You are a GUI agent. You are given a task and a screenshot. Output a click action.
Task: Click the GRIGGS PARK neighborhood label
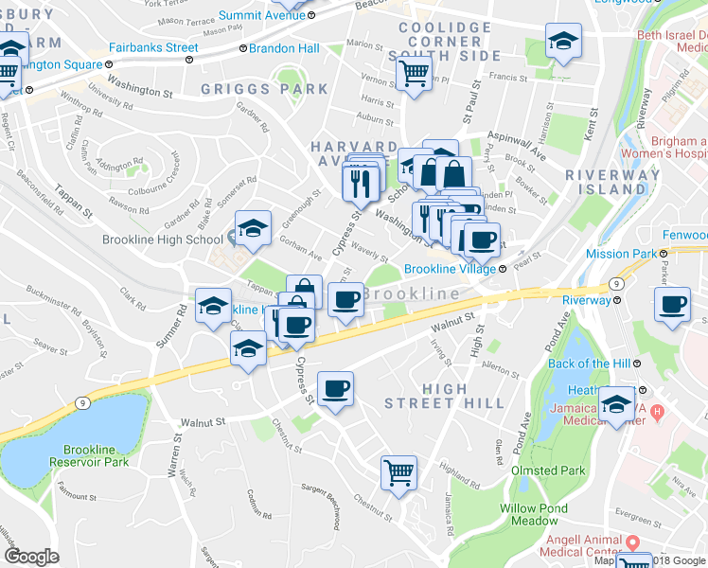point(265,90)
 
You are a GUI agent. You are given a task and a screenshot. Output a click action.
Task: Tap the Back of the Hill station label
point(592,364)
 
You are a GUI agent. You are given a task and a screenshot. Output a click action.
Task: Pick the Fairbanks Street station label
point(153,47)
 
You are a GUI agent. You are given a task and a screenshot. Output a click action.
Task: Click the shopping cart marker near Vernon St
point(414,73)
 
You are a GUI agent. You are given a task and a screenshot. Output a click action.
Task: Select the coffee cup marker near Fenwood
point(673,306)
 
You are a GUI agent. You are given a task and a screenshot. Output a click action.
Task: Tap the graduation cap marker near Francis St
point(563,41)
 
